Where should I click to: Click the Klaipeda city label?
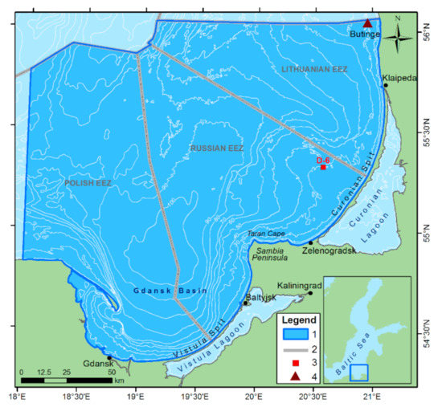point(400,79)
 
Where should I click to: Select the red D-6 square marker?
point(323,167)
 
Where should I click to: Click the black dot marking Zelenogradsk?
point(311,242)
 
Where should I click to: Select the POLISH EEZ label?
point(88,184)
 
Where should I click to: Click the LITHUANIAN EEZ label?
point(314,70)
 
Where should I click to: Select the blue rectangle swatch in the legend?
point(296,333)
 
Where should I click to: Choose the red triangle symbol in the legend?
point(296,377)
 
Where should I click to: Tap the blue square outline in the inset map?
point(359,373)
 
